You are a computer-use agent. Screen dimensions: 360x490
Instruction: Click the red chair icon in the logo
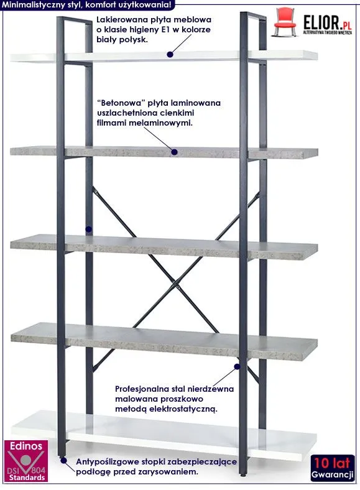pos(285,22)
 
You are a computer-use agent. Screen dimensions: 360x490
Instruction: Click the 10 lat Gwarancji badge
pos(333,468)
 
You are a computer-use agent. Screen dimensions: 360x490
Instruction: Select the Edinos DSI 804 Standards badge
pos(26,461)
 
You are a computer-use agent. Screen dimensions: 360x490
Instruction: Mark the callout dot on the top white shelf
pos(170,54)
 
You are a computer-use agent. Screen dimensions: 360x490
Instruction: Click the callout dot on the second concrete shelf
pos(174,152)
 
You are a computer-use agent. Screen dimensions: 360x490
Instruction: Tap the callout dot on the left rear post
pos(89,229)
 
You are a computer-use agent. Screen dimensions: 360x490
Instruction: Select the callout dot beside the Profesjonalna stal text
pos(237,366)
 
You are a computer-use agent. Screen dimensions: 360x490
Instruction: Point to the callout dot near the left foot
pos(64,460)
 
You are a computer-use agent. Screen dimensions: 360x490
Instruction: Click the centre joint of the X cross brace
pos(176,285)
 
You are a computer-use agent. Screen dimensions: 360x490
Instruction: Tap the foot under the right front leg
pos(243,475)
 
